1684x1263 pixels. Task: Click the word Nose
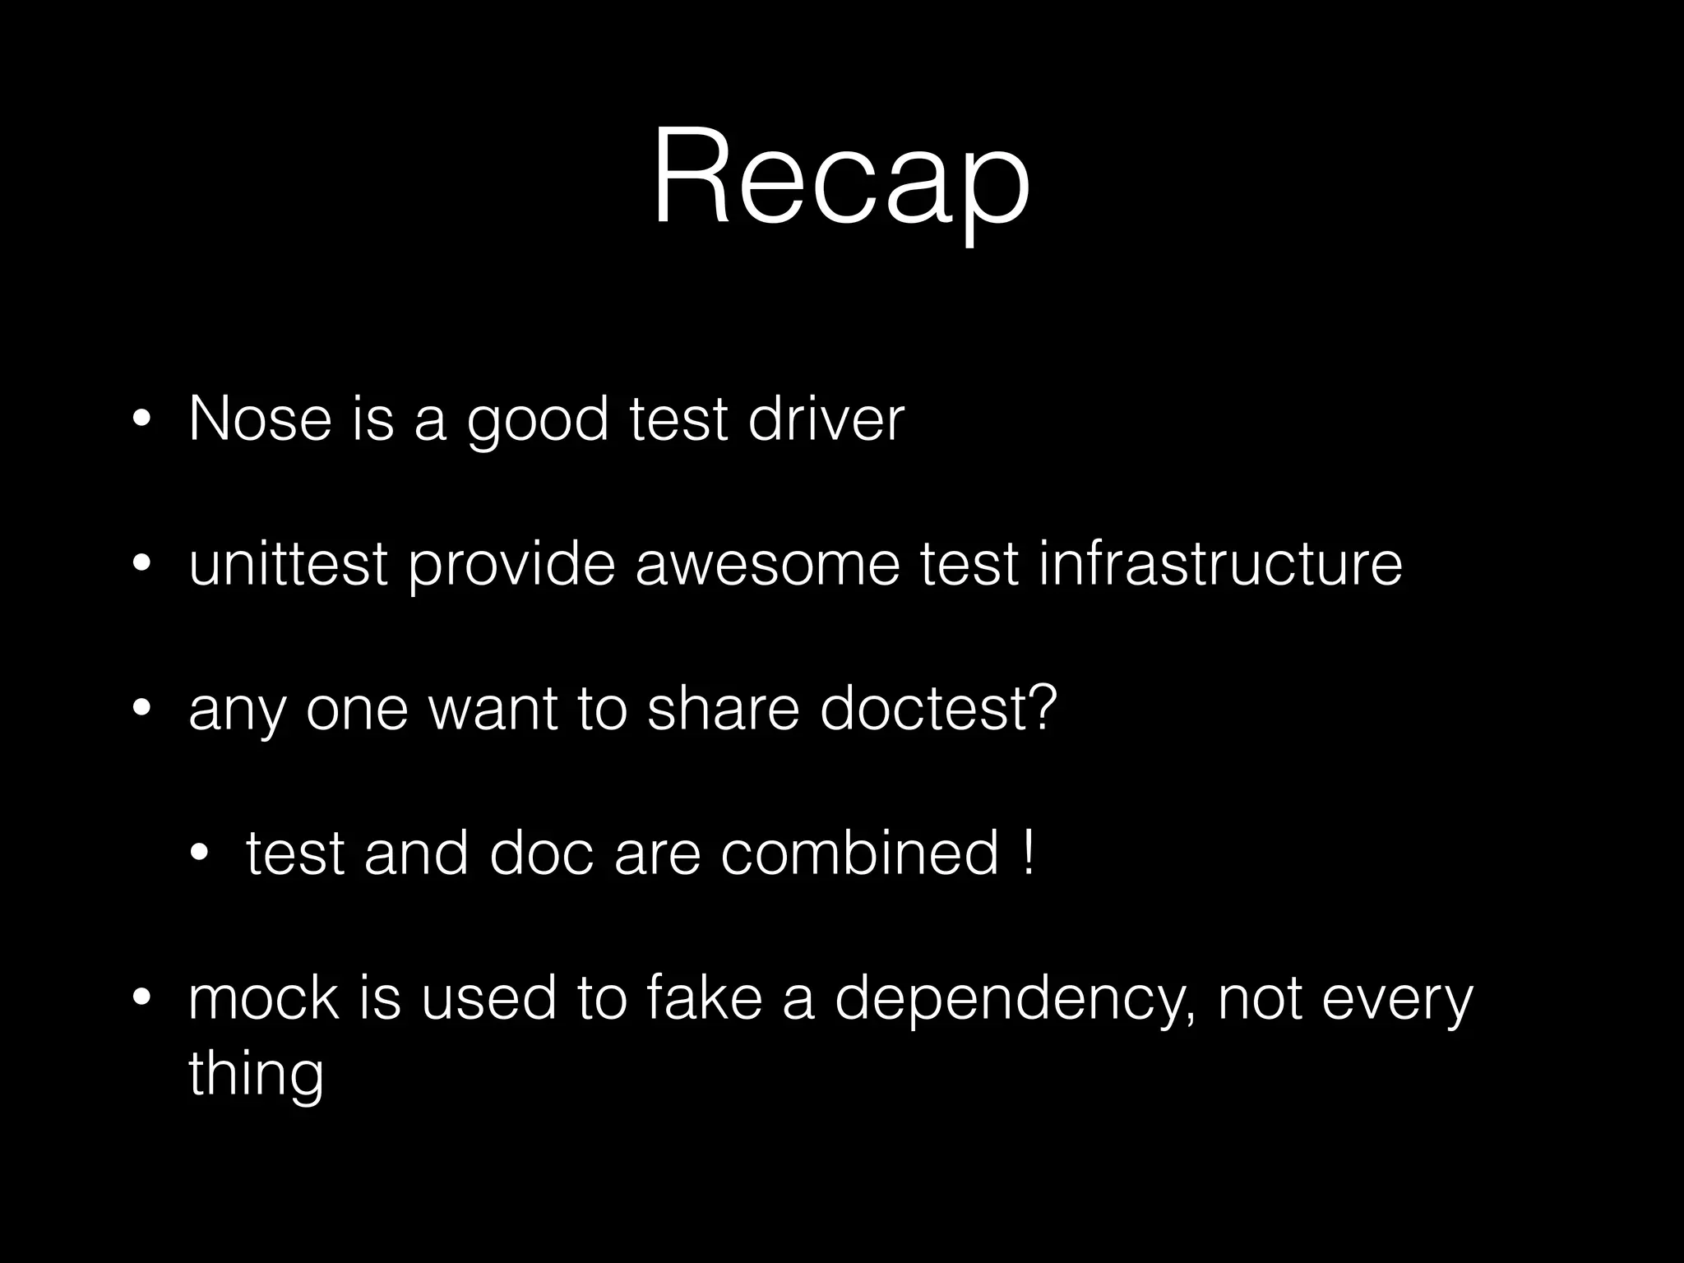[260, 419]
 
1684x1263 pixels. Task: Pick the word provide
[511, 566]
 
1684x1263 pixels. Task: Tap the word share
[723, 708]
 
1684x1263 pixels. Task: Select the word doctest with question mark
[938, 708]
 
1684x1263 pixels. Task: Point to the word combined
[859, 853]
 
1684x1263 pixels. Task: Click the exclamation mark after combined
[1029, 853]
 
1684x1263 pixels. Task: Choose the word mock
[263, 997]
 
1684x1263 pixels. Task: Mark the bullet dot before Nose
[141, 421]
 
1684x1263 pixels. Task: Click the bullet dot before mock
[141, 999]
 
